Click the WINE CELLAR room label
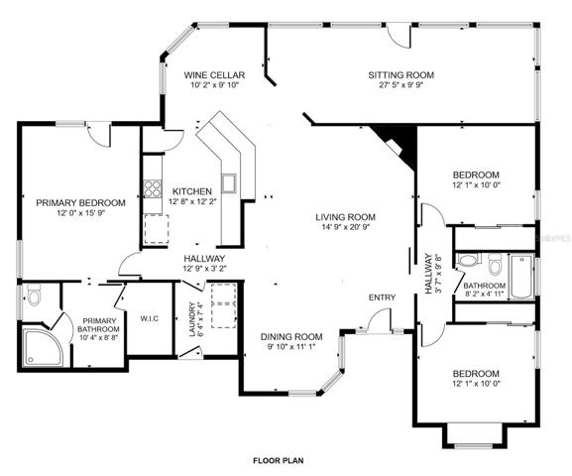214,75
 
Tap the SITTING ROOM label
400,75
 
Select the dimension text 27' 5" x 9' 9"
400,85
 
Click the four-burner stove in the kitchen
153,188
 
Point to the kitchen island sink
229,182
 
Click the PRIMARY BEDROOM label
80,202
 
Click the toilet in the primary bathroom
34,295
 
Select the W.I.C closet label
150,318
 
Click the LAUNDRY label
192,319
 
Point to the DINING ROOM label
291,336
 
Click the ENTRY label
382,297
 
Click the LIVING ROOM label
345,217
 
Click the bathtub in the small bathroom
521,277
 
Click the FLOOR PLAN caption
279,461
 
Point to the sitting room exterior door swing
400,36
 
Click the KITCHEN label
192,191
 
